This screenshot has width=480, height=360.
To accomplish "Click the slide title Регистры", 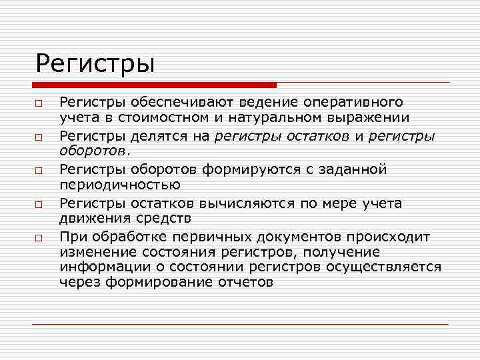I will pos(95,65).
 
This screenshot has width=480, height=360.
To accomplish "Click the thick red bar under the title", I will pos(154,85).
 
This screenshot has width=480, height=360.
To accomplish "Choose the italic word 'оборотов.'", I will pos(94,152).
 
